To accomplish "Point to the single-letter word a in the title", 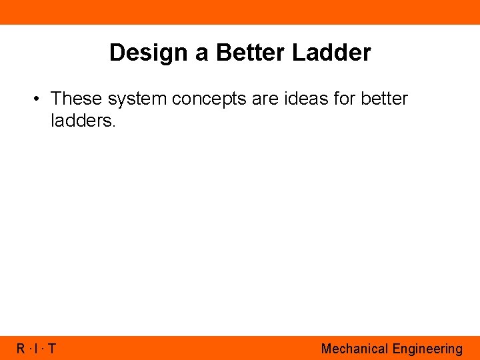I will pyautogui.click(x=202, y=53).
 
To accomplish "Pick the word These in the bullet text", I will pyautogui.click(x=76, y=99).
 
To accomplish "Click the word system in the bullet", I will pyautogui.click(x=136, y=99).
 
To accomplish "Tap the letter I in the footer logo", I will pyautogui.click(x=37, y=349).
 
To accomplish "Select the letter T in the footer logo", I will pyautogui.click(x=51, y=349).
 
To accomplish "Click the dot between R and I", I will pyautogui.click(x=30, y=349).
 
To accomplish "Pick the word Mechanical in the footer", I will pyautogui.click(x=355, y=349).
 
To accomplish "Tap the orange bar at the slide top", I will pyautogui.click(x=240, y=12).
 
